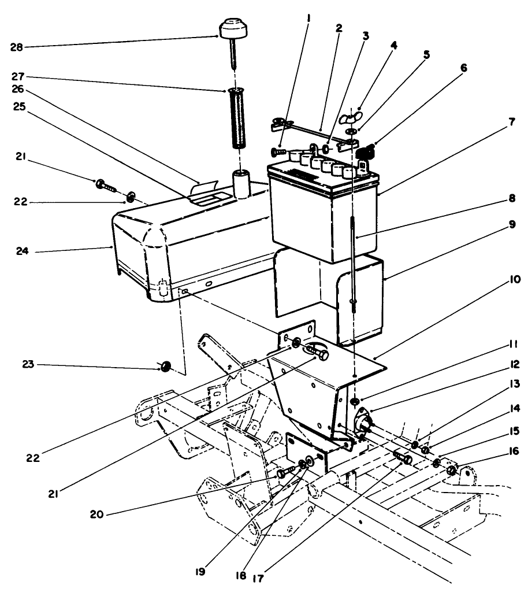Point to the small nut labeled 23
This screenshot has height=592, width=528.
pos(165,367)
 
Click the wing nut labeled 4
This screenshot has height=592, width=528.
pos(348,118)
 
